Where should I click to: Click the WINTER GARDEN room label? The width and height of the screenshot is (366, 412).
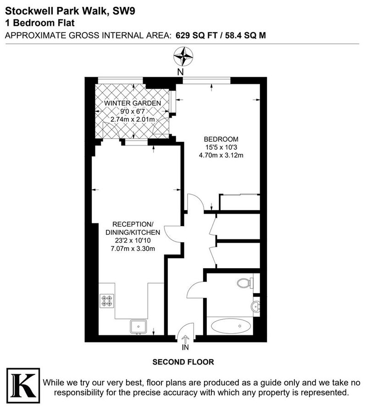point(132,103)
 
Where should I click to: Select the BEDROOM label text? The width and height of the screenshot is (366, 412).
point(221,139)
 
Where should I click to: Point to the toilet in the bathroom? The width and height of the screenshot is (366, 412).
point(244,282)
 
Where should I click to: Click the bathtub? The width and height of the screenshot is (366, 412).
point(231,327)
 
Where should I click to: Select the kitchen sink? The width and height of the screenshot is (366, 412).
point(138,326)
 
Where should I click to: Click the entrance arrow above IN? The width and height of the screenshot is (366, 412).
point(185,340)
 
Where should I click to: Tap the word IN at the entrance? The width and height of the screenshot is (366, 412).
point(185,348)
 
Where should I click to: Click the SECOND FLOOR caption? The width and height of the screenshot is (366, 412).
point(183,362)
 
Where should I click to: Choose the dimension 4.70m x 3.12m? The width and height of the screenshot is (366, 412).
point(221,155)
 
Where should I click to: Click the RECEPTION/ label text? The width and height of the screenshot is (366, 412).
point(133,224)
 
